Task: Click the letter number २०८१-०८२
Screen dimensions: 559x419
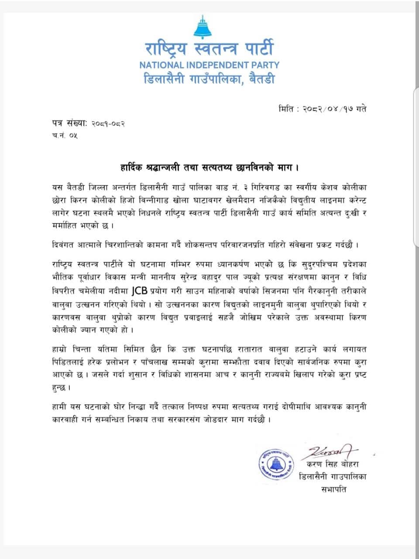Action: click(x=108, y=124)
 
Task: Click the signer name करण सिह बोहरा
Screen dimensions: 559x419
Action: click(x=334, y=464)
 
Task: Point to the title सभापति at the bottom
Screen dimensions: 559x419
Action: click(x=333, y=490)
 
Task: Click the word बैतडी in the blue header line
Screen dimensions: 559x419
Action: click(x=259, y=79)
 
